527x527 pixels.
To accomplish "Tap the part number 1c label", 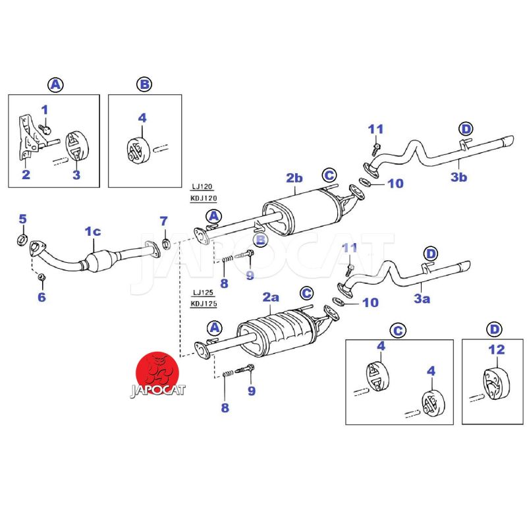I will tap(92, 231).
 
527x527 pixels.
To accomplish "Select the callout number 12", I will tap(496, 350).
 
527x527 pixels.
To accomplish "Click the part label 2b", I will tap(294, 178).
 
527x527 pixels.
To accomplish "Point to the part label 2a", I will tap(271, 298).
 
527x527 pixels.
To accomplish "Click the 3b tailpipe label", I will tap(459, 177).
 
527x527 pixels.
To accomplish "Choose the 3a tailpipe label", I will tap(422, 299).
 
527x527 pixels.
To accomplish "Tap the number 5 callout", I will tap(22, 219).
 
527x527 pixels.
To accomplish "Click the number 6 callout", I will tap(42, 298).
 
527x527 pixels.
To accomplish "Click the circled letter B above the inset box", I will tap(144, 84).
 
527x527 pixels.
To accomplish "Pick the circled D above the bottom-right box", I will tap(494, 329).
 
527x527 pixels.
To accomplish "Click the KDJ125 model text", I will tap(204, 304).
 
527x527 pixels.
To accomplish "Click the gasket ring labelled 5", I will tap(21, 238).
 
